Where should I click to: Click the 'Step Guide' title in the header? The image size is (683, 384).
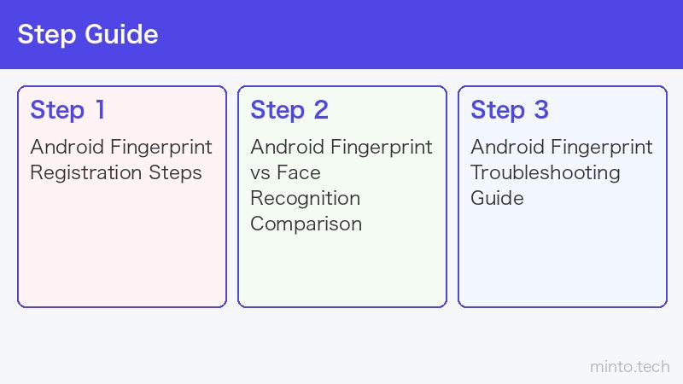(88, 34)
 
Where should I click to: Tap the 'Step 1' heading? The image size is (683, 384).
(68, 110)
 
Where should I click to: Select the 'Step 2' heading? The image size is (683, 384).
(289, 110)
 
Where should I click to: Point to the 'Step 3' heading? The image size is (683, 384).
(510, 110)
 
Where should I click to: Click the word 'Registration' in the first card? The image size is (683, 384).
(86, 173)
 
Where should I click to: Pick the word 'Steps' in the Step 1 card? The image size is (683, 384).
(176, 173)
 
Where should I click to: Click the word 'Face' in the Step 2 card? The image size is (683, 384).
(299, 172)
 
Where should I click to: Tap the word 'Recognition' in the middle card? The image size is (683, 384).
(306, 199)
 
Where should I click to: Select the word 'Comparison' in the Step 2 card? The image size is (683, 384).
(306, 224)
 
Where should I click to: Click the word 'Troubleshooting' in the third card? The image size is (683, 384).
(546, 173)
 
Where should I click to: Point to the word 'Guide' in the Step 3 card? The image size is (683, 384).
(497, 198)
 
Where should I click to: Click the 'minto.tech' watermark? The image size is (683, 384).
(630, 367)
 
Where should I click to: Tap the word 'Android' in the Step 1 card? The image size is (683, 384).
(67, 147)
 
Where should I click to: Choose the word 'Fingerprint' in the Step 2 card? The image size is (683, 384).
(382, 148)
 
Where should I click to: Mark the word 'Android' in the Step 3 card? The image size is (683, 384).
(507, 147)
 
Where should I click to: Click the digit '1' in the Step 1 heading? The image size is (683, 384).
(100, 109)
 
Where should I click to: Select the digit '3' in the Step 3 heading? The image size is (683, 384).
(541, 109)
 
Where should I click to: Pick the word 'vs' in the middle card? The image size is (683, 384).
(260, 173)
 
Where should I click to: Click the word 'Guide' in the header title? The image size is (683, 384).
(121, 34)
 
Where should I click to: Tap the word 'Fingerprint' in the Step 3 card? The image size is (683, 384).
(602, 148)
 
